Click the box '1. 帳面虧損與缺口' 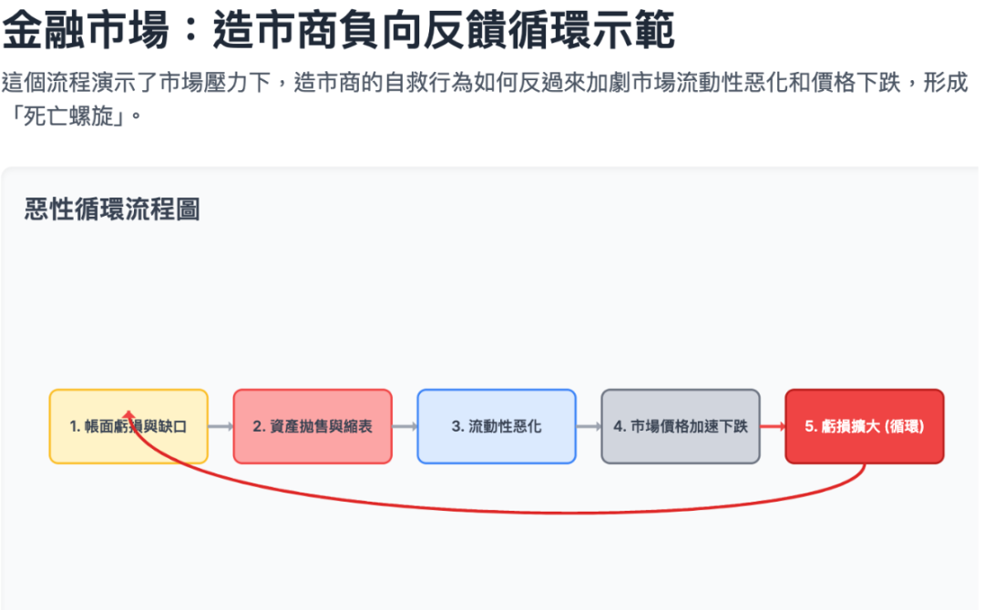pos(128,426)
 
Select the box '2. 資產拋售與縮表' pos(313,426)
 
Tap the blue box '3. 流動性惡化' pos(497,426)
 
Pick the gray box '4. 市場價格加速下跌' pos(680,426)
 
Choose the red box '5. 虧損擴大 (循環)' pos(864,426)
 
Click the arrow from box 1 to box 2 pos(220,426)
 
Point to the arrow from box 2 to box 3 pos(405,426)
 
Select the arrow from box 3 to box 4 pos(589,426)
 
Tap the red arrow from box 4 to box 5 pos(772,426)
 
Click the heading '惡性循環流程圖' pos(112,210)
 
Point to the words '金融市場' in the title pos(86,33)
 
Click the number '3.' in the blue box pos(457,426)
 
